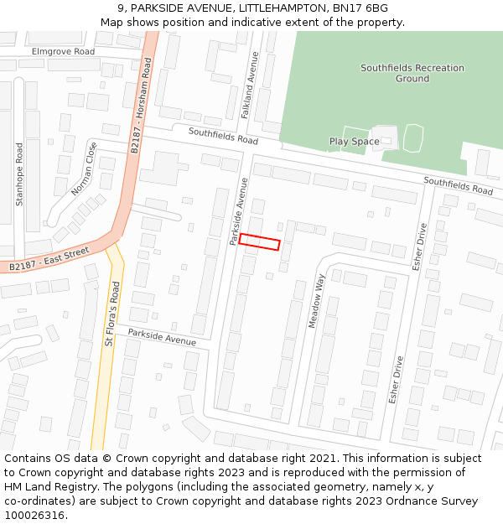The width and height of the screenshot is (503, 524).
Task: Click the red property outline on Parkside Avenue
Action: (259, 241)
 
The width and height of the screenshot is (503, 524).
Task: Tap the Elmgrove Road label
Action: (63, 51)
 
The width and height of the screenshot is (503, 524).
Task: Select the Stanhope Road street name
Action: (20, 174)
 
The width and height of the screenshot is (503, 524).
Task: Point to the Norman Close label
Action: (84, 169)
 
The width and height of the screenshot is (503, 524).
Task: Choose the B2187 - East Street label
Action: (49, 259)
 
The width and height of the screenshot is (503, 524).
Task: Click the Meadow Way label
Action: (316, 300)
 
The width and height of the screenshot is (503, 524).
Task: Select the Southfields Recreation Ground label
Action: (400, 73)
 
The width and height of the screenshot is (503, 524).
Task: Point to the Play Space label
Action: (354, 142)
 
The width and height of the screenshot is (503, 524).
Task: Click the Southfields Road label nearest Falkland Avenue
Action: (223, 136)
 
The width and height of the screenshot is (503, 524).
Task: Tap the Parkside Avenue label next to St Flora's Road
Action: (162, 338)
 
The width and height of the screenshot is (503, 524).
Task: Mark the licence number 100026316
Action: (33, 516)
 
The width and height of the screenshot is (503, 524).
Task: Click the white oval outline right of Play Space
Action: (413, 137)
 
